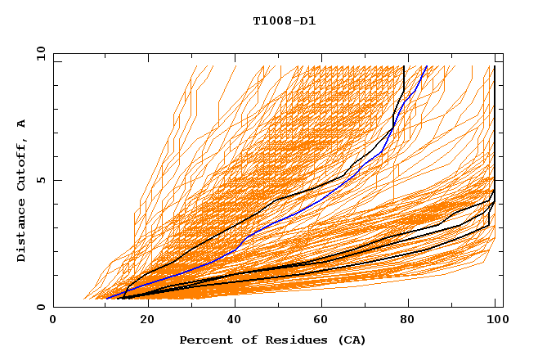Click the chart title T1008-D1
(x=285, y=20)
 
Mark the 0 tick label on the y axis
(x=40, y=308)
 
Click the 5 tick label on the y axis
(x=40, y=180)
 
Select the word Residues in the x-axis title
(x=288, y=340)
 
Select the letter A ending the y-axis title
(x=22, y=124)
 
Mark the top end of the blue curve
(x=427, y=66)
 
